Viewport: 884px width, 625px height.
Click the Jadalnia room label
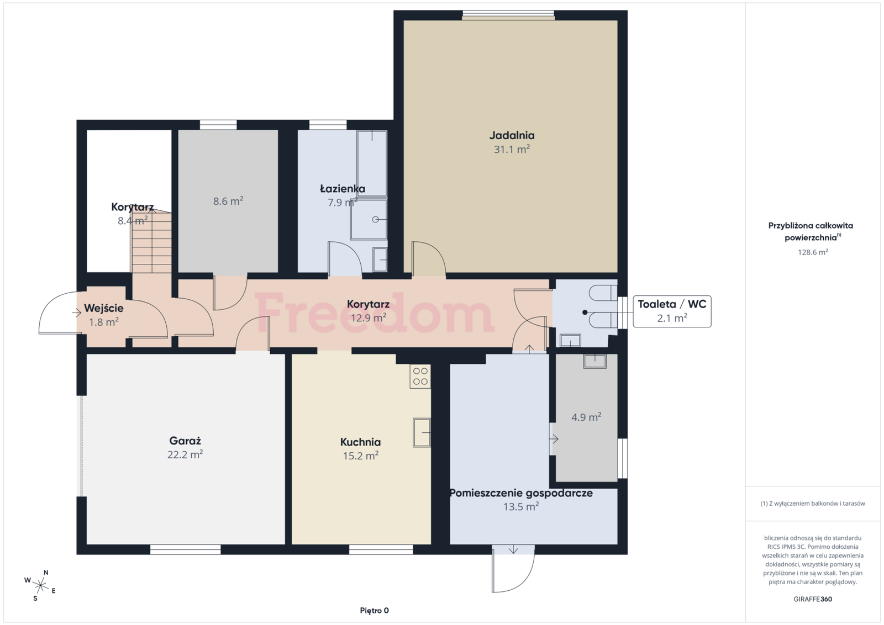512,135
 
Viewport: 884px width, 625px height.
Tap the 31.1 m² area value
512,149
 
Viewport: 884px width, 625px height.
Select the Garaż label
185,441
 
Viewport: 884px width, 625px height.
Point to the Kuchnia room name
360,442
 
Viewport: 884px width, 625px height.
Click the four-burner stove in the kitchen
420,376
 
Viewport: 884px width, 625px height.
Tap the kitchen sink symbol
422,432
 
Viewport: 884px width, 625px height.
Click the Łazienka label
343,188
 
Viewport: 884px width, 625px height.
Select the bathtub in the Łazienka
372,163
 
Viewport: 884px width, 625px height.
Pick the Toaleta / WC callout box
672,311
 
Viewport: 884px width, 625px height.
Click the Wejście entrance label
104,308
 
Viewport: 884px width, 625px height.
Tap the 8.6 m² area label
228,201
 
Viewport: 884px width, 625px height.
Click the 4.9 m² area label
586,417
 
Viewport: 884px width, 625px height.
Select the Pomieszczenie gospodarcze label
521,493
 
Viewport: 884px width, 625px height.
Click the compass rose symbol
40,585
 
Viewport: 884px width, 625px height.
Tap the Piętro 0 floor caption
374,611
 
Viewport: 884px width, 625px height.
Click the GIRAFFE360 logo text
813,599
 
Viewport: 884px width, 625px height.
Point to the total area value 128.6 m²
813,252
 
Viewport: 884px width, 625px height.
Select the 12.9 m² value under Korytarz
368,317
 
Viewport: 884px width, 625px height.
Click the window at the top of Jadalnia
508,15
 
